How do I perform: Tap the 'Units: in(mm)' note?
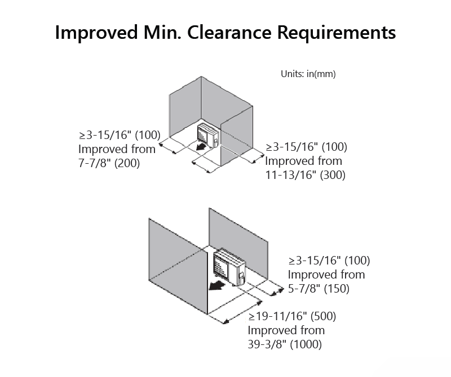308,74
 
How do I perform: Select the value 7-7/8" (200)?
109,163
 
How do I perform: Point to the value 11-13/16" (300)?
305,175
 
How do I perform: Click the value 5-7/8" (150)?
319,289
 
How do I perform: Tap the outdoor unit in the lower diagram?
230,267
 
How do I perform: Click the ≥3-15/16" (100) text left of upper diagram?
120,135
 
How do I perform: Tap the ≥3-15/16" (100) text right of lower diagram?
329,261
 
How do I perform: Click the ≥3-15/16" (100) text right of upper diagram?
306,147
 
